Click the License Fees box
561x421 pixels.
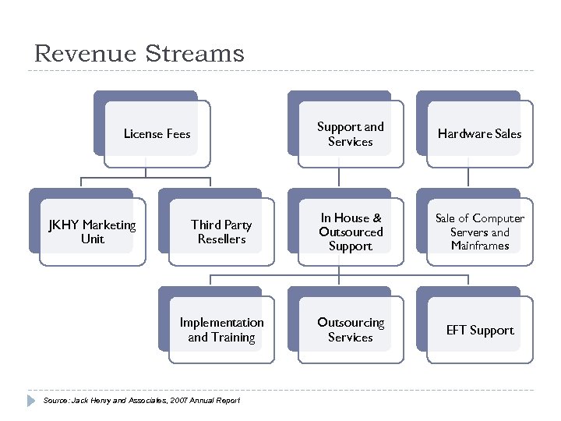coord(157,134)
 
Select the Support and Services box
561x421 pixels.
coord(351,134)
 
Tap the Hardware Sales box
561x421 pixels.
coord(479,134)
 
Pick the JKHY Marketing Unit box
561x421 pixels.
coord(92,232)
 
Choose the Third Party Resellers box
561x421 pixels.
coord(221,232)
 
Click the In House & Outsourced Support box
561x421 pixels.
coord(351,232)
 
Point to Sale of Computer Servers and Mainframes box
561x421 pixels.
coord(479,232)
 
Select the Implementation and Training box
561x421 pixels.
coord(221,330)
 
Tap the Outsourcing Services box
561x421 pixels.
coord(351,330)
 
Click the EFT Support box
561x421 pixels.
coord(479,330)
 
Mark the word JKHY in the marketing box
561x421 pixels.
coord(64,225)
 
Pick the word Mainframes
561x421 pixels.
coord(480,246)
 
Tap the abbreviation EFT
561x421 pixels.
coord(457,331)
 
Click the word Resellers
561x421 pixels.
coord(221,239)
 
